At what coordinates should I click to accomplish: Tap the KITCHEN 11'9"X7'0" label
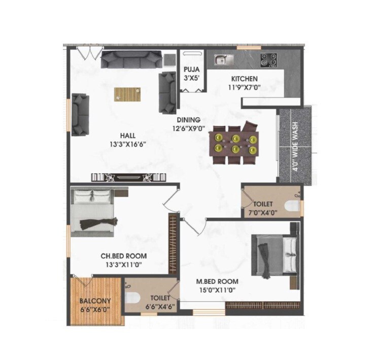(x=245, y=83)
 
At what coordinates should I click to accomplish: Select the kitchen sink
(x=222, y=60)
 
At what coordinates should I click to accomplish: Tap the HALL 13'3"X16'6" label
(x=127, y=139)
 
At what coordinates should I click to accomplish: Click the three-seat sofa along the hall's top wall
(x=131, y=59)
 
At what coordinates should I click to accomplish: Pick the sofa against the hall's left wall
(x=80, y=114)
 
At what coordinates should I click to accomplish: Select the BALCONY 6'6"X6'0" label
(x=95, y=305)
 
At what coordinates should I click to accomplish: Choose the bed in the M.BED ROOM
(x=275, y=255)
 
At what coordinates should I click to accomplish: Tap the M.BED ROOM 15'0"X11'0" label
(x=217, y=285)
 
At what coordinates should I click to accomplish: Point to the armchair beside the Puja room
(x=167, y=93)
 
